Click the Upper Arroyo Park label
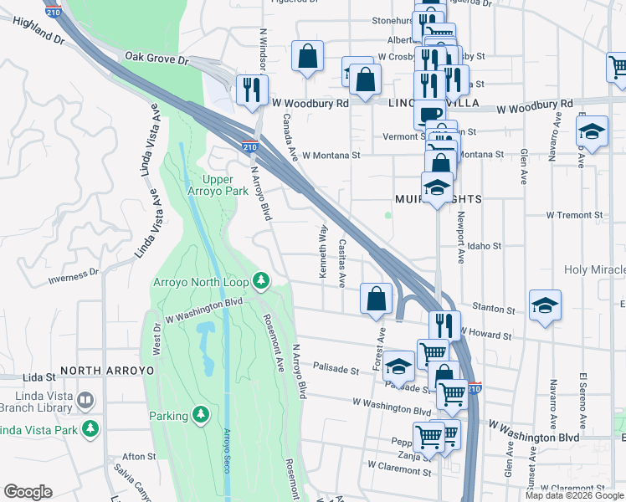coord(225,186)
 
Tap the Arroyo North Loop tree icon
coord(261,280)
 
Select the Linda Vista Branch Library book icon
coord(85,401)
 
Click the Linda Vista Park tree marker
coord(90,429)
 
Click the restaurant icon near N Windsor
coord(250,88)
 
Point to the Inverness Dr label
coord(74,277)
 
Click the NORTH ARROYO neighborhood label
coord(107,370)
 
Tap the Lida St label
coord(38,378)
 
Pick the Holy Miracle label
coord(595,269)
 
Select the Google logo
coord(28,492)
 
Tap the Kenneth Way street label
coord(323,242)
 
